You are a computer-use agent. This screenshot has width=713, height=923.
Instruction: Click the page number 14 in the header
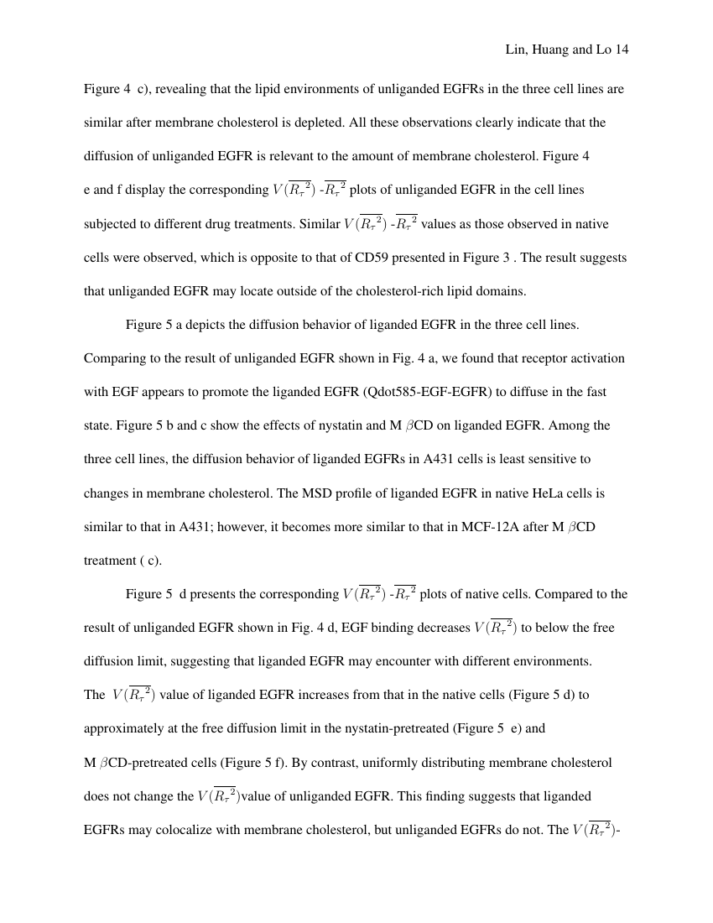[622, 50]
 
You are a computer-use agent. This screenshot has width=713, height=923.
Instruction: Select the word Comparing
[113, 358]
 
